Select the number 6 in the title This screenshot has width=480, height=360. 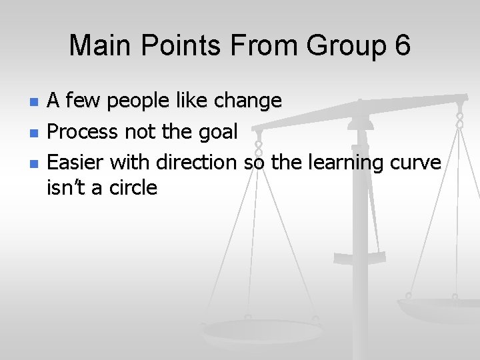point(401,45)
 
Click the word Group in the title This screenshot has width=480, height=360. point(339,45)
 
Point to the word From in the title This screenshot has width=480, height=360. point(254,45)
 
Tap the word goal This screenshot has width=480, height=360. point(217,133)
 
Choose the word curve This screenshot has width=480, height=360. point(418,162)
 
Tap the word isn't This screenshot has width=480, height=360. point(66,188)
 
